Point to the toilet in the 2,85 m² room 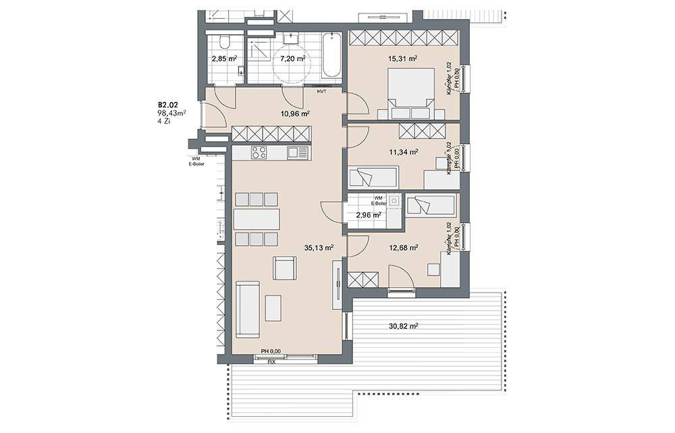point(224,43)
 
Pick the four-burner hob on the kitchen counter point(259,153)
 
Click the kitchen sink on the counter point(296,153)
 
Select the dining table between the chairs point(256,219)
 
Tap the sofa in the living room point(247,309)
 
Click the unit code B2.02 point(168,105)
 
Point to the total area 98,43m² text point(171,113)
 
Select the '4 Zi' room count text point(164,122)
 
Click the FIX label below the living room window point(271,362)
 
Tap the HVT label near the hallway point(321,91)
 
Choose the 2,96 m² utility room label point(368,215)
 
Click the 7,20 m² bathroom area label point(292,59)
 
